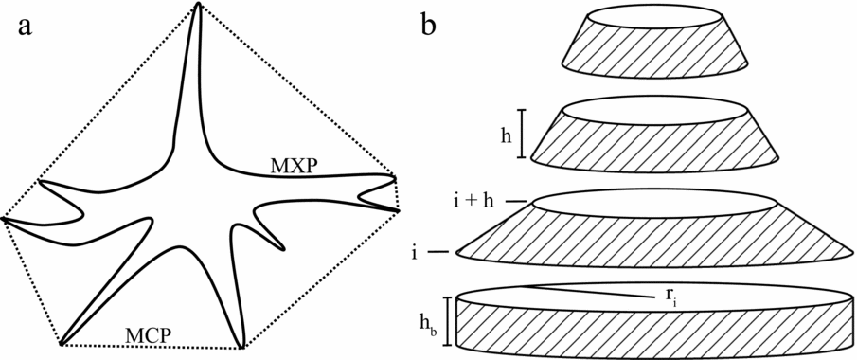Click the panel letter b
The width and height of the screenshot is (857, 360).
coord(429,26)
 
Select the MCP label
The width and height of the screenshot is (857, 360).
coord(151,333)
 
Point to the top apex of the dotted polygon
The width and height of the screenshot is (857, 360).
coord(198,4)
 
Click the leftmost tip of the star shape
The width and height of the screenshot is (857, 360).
coord(5,219)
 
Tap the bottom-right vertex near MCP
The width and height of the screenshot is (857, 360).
coord(242,346)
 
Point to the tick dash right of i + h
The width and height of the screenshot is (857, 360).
coord(515,201)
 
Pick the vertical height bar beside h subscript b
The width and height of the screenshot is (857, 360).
coord(447,323)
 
